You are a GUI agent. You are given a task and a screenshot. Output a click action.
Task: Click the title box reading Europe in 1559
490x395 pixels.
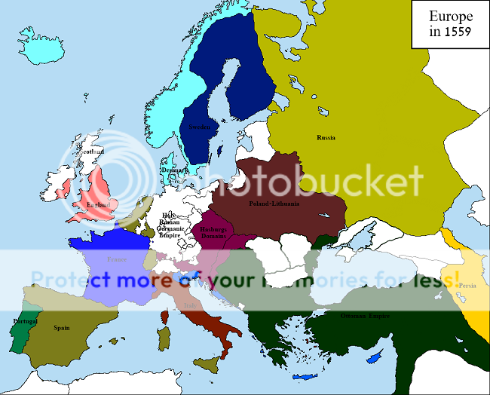451,24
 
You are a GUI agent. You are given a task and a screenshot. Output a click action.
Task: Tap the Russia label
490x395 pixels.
326,137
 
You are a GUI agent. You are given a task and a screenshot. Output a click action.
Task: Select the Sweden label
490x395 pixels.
199,127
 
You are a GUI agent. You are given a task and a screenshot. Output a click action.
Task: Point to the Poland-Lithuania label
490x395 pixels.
274,204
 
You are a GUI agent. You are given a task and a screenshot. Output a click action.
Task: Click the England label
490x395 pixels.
97,204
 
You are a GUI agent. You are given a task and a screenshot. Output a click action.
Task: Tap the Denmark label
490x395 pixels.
171,170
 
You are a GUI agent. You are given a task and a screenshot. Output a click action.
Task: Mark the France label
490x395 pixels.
117,259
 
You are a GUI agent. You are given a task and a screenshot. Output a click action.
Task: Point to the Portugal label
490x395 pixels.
25,322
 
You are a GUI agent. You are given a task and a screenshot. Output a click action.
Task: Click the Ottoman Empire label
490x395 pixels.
365,315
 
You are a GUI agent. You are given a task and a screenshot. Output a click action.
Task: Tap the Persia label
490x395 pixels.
467,286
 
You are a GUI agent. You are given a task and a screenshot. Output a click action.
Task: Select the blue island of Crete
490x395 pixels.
305,376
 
